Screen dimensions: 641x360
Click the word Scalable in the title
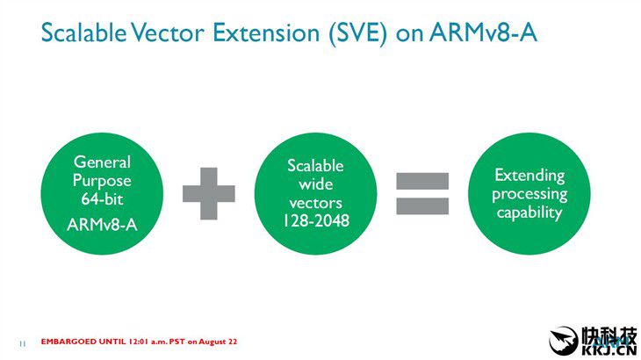click(x=83, y=32)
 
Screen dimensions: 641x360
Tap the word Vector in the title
click(x=168, y=32)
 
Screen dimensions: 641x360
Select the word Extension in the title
click(x=266, y=32)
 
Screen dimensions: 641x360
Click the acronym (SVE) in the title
click(x=358, y=33)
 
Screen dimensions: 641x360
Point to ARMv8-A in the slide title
click(x=483, y=32)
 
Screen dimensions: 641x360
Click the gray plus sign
click(x=208, y=193)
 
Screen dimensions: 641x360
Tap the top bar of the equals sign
click(x=422, y=181)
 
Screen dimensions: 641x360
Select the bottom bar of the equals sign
click(x=422, y=206)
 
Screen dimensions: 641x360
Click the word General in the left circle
click(x=102, y=162)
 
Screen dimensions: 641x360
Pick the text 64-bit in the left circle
click(x=102, y=199)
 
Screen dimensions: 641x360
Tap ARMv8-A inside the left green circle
click(x=102, y=225)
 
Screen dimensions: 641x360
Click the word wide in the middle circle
click(x=315, y=184)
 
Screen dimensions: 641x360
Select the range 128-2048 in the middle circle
click(x=316, y=220)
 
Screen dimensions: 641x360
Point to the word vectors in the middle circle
click(x=315, y=203)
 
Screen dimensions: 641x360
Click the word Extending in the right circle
click(x=529, y=176)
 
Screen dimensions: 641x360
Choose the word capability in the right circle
click(x=529, y=212)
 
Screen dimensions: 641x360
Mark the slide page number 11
click(x=22, y=343)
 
